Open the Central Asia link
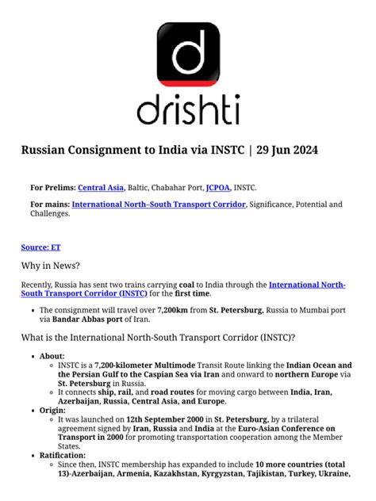101,187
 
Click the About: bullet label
52,356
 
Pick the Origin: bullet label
53,411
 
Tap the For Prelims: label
53,187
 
